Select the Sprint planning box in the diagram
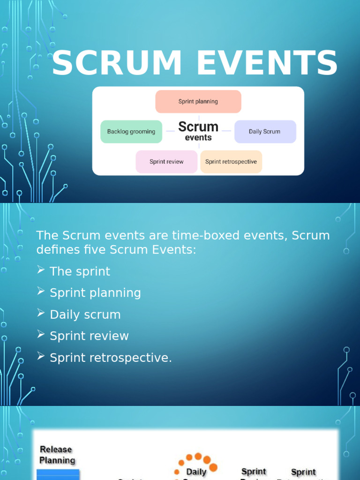tap(198, 102)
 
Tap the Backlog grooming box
tap(131, 132)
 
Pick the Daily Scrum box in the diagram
tap(265, 132)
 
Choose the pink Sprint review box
tap(166, 162)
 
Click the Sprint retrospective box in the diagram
tap(231, 162)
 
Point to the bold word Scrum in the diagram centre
tap(198, 127)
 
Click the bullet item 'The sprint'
tap(80, 271)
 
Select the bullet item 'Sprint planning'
tap(95, 293)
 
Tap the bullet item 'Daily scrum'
tap(85, 315)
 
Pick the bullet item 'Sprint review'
tap(89, 336)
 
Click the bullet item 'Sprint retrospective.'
tap(111, 358)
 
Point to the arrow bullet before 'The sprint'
tap(41, 270)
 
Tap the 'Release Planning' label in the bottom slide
tap(57, 455)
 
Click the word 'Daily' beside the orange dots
tap(196, 472)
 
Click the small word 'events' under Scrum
tap(198, 138)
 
